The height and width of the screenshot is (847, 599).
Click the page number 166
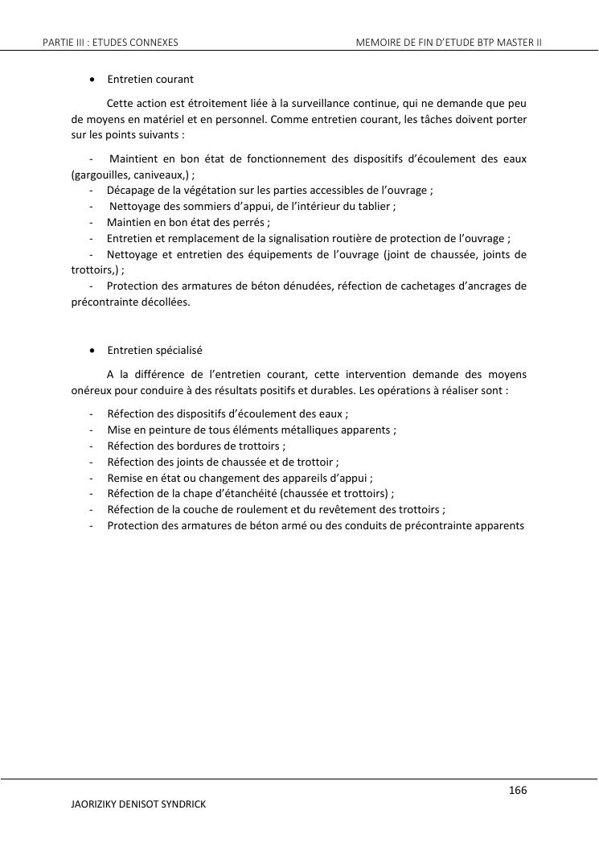518,791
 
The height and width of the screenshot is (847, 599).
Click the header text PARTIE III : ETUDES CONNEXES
110,41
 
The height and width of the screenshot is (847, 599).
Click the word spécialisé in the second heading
178,351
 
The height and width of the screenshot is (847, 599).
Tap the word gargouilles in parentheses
100,174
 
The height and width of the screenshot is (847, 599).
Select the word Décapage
129,190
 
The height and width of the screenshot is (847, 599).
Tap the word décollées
165,302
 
